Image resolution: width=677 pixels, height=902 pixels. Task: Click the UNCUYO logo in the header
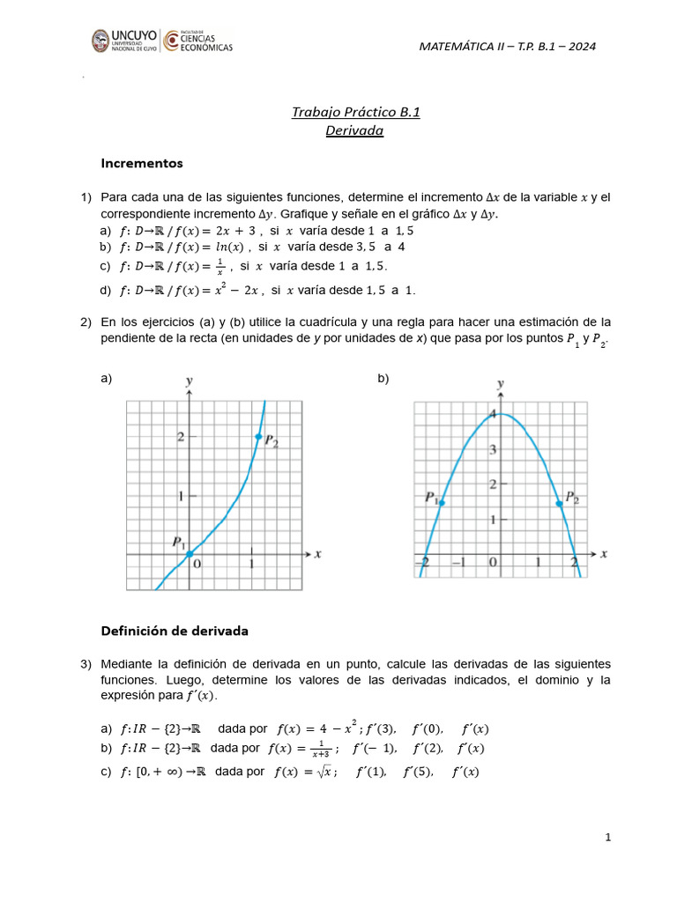124,41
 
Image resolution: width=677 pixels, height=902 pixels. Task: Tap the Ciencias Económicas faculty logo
199,41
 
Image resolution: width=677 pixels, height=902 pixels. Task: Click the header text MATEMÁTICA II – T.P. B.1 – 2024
510,47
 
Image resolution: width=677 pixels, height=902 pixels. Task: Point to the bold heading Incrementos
142,163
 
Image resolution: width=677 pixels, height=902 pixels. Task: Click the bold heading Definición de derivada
175,631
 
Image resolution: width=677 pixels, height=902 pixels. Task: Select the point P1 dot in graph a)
190,554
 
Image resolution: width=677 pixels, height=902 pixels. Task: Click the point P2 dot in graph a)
258,437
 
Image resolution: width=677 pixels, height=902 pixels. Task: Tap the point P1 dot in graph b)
441,502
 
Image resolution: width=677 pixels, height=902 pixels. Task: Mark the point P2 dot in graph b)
560,503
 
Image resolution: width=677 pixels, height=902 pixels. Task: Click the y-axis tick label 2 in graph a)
180,437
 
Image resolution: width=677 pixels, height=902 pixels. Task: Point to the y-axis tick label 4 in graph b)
494,415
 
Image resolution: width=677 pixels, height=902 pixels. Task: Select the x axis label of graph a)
317,554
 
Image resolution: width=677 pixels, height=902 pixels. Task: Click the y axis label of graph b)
501,384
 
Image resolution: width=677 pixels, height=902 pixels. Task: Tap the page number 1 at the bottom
608,838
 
